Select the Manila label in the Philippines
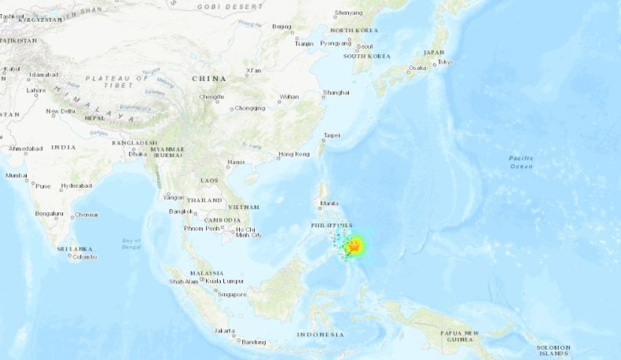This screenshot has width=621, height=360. point(329,204)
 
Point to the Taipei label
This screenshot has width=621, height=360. point(332,135)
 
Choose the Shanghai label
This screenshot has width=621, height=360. point(336,93)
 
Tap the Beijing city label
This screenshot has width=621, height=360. point(281,27)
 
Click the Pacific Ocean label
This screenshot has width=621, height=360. point(520,162)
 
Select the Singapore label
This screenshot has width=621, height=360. point(233,295)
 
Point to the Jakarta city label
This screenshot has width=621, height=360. point(224,331)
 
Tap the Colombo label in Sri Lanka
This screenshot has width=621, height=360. point(85,257)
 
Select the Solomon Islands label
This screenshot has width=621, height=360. point(553,350)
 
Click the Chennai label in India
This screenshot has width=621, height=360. point(86,215)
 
